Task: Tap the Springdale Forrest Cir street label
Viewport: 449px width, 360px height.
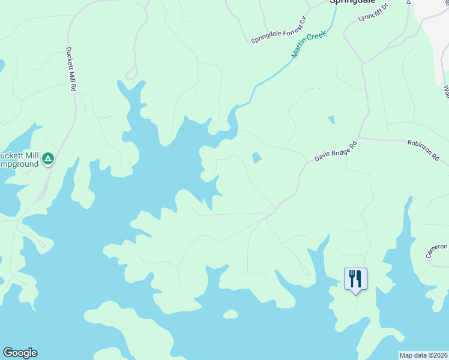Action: point(279,30)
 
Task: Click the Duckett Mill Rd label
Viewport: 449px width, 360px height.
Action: point(70,69)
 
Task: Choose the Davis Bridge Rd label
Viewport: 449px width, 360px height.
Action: point(336,151)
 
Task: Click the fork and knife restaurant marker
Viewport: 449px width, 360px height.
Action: point(355,278)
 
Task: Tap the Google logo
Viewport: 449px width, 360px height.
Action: point(20,353)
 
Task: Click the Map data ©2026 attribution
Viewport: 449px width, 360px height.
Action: point(423,355)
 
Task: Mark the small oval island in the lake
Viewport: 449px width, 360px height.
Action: point(229,314)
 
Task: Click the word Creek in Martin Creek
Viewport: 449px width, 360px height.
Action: point(316,38)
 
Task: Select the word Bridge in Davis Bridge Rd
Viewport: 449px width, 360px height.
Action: point(337,151)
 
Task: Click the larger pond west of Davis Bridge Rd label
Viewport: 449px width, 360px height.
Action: point(256,158)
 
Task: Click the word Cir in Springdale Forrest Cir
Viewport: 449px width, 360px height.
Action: point(302,21)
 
